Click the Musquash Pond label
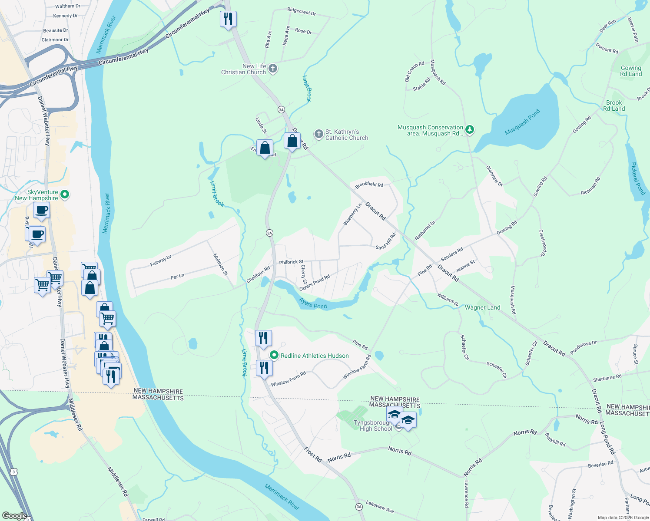coord(522,122)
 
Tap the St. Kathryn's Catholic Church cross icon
coord(319,134)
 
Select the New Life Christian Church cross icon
coord(273,69)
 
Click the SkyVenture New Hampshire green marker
coord(65,195)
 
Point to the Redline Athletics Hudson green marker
coord(274,355)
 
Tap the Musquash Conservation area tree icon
coord(469,129)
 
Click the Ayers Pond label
coord(313,303)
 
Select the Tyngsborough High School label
coord(373,425)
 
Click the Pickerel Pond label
coord(638,178)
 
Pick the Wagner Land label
coord(482,307)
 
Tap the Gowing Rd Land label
coord(631,71)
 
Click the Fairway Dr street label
coord(161,260)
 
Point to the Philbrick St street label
coord(291,262)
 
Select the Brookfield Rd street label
coord(369,185)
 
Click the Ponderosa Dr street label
coord(584,347)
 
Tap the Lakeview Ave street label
coord(380,506)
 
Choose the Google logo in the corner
coord(14,516)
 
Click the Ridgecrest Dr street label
coord(302,11)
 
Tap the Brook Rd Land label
coord(614,106)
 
